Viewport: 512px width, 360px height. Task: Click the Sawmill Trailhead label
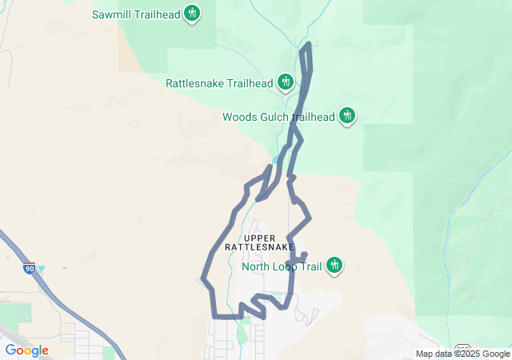(135, 14)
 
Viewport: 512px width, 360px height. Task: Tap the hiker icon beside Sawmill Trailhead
(192, 14)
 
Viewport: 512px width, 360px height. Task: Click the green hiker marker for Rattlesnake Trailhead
(286, 82)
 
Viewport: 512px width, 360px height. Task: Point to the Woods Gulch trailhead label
(278, 117)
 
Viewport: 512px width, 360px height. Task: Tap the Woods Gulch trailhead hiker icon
(347, 116)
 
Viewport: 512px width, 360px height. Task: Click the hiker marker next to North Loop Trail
(335, 266)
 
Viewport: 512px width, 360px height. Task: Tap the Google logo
(26, 350)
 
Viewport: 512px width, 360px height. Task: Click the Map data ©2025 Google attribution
(462, 354)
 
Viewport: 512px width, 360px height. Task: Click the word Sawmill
(111, 14)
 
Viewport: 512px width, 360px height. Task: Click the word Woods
(238, 117)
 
